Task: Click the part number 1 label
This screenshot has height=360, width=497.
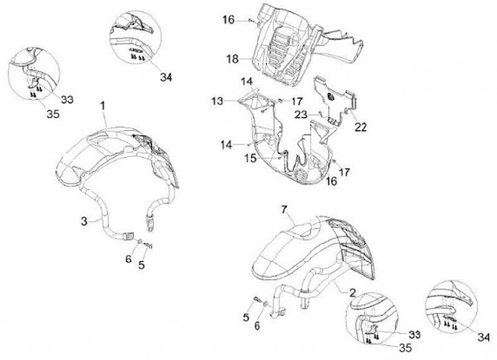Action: pyautogui.click(x=102, y=106)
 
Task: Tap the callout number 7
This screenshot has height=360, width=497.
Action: pyautogui.click(x=283, y=208)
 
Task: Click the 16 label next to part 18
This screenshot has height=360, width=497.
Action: pyautogui.click(x=228, y=20)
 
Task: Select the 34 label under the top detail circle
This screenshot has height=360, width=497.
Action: pyautogui.click(x=165, y=77)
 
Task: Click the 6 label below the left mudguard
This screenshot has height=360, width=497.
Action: pyautogui.click(x=127, y=259)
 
